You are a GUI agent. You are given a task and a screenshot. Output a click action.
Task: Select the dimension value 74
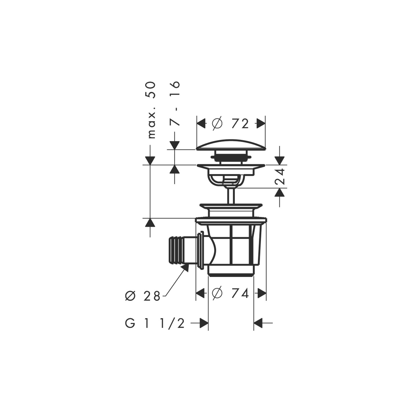point(240,293)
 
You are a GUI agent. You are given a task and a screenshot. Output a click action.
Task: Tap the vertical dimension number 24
point(280,177)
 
